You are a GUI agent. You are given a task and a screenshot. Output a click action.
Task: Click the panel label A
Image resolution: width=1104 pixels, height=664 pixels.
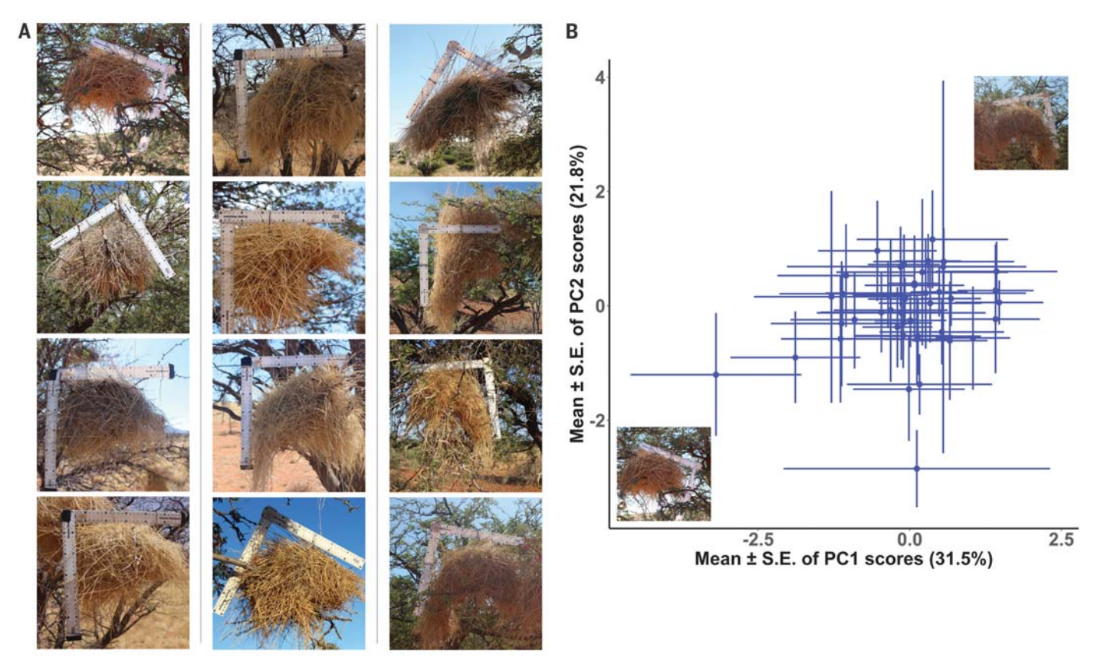25,32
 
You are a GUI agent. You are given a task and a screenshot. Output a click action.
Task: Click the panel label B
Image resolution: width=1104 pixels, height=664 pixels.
572,32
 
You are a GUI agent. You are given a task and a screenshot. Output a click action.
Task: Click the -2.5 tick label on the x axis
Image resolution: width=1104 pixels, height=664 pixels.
756,540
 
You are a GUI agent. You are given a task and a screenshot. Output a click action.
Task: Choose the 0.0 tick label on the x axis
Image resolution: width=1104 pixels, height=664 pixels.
909,540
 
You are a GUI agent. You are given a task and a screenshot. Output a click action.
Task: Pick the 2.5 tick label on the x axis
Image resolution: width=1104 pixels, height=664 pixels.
1061,540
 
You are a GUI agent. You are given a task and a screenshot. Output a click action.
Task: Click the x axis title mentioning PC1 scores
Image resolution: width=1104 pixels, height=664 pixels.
843,559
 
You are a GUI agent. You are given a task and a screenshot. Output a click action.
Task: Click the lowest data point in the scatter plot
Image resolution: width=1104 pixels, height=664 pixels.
917,468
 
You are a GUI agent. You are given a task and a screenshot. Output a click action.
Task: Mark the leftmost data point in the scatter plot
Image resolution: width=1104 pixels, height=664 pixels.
716,374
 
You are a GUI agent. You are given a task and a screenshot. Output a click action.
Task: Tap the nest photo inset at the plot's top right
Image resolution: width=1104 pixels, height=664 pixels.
1020,123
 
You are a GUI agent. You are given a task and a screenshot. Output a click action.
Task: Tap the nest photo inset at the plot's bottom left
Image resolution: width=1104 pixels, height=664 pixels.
664,474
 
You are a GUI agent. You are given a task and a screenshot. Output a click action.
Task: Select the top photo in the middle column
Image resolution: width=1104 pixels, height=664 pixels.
289,100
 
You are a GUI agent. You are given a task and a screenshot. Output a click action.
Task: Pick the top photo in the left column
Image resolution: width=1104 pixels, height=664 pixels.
113,100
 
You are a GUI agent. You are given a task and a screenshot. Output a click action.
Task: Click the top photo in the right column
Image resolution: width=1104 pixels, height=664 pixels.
465,100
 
